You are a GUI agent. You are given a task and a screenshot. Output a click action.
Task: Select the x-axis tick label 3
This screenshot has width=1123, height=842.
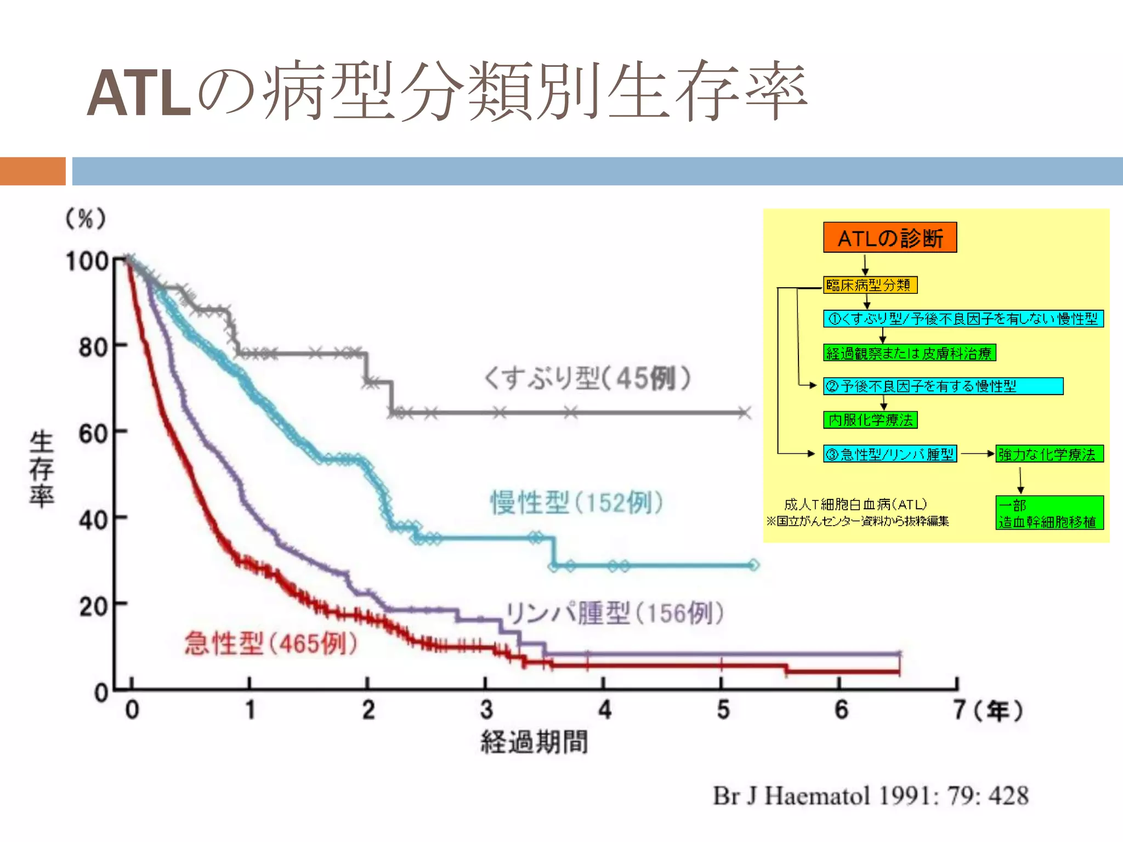coord(486,710)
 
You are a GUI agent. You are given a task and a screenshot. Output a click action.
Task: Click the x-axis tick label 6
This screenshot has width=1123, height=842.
coord(841,710)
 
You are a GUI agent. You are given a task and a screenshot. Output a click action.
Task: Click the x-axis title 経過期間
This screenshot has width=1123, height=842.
coord(534,742)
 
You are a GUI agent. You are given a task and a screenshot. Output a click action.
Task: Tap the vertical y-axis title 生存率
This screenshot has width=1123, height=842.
coord(42,469)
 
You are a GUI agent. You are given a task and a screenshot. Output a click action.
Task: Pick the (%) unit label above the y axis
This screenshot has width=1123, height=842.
coord(86,219)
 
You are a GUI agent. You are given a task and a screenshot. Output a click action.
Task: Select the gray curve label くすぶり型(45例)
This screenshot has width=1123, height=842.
coord(587,378)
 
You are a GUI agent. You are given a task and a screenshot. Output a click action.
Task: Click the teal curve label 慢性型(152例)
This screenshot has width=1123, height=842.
coord(577,502)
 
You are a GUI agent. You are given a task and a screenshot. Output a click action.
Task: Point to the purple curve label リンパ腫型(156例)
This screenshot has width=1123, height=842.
coord(614,613)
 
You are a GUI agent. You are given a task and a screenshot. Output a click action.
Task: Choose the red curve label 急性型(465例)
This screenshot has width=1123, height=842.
coord(271,643)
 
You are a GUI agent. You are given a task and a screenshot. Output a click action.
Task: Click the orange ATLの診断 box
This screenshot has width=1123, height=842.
coord(889,237)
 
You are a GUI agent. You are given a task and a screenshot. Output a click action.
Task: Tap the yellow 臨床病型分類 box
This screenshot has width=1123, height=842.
coord(870,285)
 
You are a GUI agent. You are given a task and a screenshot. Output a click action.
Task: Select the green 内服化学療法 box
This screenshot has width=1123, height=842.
coord(870,420)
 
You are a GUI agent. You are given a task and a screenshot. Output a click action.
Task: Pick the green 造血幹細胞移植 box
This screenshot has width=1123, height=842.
coord(1049,513)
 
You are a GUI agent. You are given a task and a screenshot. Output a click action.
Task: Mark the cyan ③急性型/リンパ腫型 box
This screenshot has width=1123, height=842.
coord(889,454)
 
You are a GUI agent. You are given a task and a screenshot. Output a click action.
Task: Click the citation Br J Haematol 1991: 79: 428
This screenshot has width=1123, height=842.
coord(870,796)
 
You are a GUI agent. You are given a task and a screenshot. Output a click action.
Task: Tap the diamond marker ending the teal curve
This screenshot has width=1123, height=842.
coord(754,565)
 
